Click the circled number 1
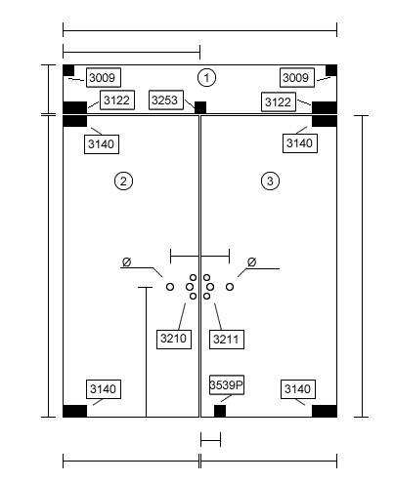[x=206, y=78]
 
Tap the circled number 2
[x=123, y=181]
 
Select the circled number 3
[x=270, y=181]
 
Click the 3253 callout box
[x=166, y=100]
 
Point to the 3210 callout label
[x=174, y=340]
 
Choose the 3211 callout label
[x=227, y=340]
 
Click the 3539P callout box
[x=227, y=384]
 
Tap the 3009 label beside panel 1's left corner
[x=104, y=77]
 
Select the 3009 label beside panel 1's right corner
[x=297, y=77]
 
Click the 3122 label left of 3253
[x=117, y=100]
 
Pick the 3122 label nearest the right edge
[x=279, y=101]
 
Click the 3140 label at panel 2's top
[x=102, y=144]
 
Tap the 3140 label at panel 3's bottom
[x=298, y=389]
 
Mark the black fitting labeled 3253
[x=200, y=107]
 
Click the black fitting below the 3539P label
[x=220, y=411]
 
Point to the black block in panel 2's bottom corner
[x=75, y=411]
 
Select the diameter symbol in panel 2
[x=126, y=261]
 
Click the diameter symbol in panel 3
[x=251, y=261]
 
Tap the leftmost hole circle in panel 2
[x=170, y=287]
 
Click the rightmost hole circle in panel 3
[x=230, y=287]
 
